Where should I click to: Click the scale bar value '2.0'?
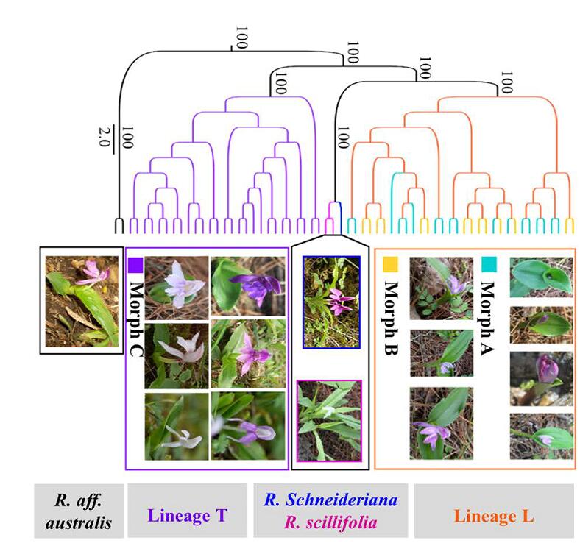click(x=104, y=135)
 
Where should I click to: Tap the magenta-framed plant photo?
click(x=329, y=420)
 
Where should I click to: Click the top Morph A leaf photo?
click(x=541, y=276)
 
